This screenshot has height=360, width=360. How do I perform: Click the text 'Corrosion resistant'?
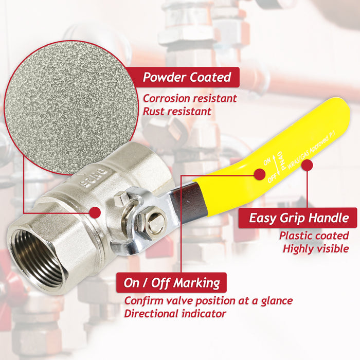pyautogui.click(x=190, y=98)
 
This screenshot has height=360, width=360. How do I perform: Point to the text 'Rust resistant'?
pyautogui.click(x=177, y=111)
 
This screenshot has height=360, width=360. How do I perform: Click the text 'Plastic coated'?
pyautogui.click(x=314, y=236)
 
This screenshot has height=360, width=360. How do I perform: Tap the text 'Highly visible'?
pyautogui.click(x=316, y=249)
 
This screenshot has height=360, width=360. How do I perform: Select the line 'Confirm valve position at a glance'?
pyautogui.click(x=208, y=300)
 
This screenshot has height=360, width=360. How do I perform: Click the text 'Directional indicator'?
pyautogui.click(x=175, y=313)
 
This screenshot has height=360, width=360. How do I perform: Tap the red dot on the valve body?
pyautogui.click(x=94, y=212)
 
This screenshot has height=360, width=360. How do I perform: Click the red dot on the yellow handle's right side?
pyautogui.click(x=307, y=166)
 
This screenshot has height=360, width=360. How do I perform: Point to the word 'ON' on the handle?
pyautogui.click(x=267, y=160)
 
